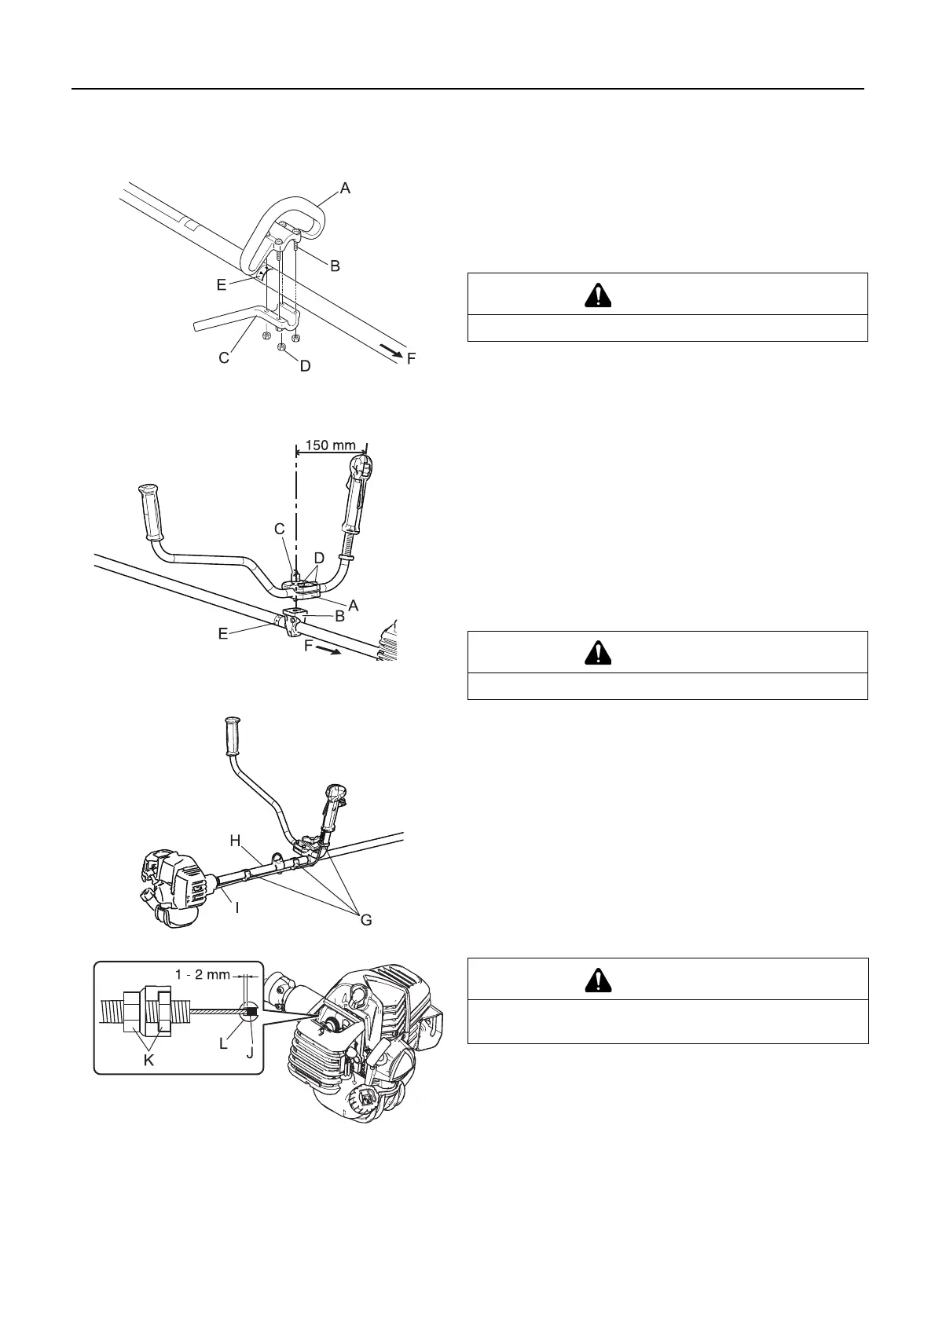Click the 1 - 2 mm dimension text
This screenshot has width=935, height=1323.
click(203, 975)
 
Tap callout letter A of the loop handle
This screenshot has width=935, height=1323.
click(344, 189)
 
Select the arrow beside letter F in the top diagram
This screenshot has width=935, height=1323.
click(389, 350)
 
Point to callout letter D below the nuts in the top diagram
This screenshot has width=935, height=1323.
click(305, 365)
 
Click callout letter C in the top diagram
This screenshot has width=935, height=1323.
click(224, 358)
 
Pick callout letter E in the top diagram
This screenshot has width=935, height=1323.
click(222, 285)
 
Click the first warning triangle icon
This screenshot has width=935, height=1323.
click(598, 295)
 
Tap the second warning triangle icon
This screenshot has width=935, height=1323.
click(598, 653)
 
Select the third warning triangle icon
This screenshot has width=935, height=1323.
click(598, 980)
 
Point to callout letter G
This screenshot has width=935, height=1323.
click(366, 919)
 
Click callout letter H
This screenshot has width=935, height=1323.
click(235, 841)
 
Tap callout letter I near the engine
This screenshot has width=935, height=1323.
click(236, 907)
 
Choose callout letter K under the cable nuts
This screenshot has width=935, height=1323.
click(148, 1061)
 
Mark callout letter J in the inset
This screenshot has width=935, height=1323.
click(250, 1052)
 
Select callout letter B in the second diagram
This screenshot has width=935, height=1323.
click(339, 617)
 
